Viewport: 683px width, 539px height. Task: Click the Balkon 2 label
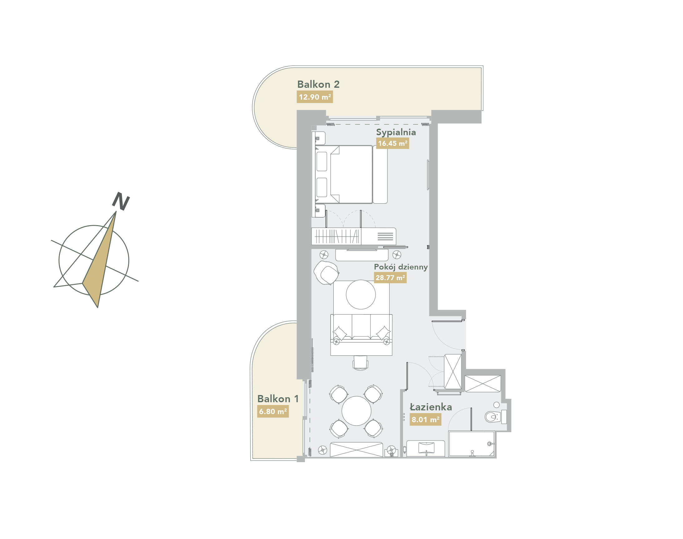coord(318,84)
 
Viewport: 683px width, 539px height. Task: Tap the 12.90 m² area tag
coord(315,97)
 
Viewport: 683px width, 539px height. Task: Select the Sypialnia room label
coord(396,132)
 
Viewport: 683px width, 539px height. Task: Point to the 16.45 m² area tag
coord(392,143)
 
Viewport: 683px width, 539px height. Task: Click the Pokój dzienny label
coord(400,267)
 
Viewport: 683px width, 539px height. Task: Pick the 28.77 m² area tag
coord(390,278)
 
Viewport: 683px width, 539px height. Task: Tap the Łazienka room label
coord(431,407)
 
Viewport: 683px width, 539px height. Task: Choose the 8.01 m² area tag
coord(425,420)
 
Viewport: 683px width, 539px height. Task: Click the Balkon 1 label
coord(278,399)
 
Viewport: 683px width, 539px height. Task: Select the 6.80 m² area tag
coord(273,412)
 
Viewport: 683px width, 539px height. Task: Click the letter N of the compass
coord(121,201)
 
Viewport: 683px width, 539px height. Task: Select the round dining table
coord(356,411)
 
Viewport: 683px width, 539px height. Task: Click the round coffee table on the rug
coord(361,294)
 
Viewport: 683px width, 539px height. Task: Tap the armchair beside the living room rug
coord(327,273)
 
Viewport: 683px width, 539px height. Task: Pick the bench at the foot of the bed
coord(380,174)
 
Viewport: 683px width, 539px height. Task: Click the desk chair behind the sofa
coord(360,363)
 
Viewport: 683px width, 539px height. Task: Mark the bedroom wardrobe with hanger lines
coord(336,236)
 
